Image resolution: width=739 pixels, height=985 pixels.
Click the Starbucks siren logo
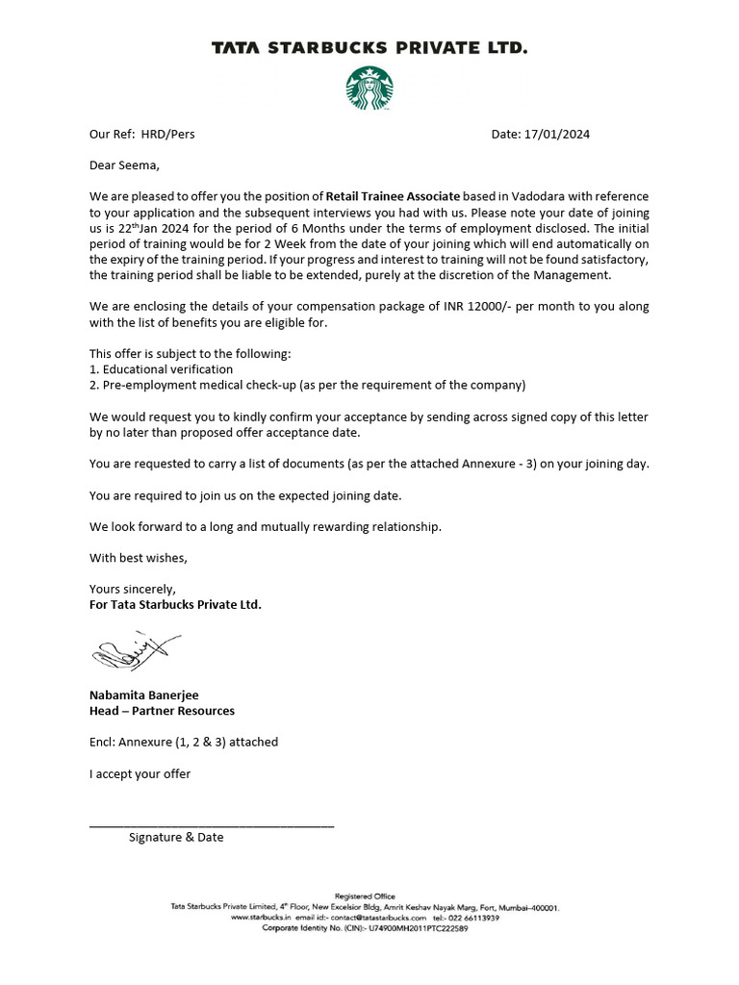pyautogui.click(x=369, y=88)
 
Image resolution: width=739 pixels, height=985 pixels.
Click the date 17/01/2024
pyautogui.click(x=557, y=134)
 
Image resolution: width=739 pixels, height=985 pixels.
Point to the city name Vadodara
pyautogui.click(x=546, y=196)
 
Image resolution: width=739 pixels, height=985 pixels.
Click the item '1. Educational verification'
pyautogui.click(x=161, y=369)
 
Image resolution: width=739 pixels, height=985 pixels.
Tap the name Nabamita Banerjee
pyautogui.click(x=144, y=695)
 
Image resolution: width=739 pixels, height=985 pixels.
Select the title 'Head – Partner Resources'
pyautogui.click(x=162, y=711)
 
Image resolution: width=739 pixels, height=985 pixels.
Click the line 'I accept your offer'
pyautogui.click(x=140, y=773)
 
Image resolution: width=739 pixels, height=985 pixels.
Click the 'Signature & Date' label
pyautogui.click(x=176, y=838)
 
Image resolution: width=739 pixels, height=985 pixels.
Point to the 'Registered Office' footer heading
pyautogui.click(x=364, y=897)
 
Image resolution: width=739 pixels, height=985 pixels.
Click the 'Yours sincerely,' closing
pyautogui.click(x=133, y=589)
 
